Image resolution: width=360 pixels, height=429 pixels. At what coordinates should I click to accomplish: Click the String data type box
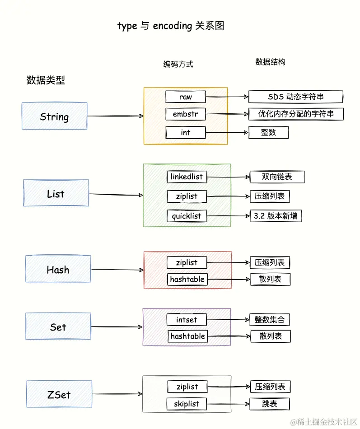coord(54,116)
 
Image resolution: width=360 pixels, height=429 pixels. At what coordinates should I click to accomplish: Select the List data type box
coord(56,193)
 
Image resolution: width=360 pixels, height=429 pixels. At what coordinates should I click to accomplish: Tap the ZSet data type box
coord(59,394)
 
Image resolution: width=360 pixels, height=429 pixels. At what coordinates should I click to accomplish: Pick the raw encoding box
coord(185,97)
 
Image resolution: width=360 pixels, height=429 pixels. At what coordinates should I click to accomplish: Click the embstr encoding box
coord(185,114)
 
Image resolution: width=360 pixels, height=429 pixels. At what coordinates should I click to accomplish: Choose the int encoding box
coord(185,132)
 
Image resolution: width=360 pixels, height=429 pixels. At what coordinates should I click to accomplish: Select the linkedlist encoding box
coord(187,177)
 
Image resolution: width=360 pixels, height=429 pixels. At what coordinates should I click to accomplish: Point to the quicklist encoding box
coord(187,216)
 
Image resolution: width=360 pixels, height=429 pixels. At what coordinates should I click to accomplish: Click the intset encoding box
coord(187,320)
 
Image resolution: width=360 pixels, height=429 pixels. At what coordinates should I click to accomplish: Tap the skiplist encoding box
coord(187,404)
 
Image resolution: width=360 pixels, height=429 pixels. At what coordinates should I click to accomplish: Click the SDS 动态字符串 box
coord(296,97)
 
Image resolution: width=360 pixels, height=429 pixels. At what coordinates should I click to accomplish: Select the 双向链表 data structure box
coord(277,177)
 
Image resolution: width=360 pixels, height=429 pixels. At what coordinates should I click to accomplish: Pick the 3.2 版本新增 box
coord(276,216)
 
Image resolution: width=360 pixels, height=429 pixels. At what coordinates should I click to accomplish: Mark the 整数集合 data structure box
coord(270,320)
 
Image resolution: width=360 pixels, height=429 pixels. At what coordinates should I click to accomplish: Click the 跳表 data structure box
coord(270,404)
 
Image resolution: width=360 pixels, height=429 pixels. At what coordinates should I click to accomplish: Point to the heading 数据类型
coord(46,80)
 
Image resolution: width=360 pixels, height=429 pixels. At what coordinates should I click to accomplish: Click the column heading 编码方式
coord(178,64)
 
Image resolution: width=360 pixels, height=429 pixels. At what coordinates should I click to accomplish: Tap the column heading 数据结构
coord(270,62)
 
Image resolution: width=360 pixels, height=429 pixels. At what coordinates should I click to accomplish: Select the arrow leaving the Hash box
coord(117,270)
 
